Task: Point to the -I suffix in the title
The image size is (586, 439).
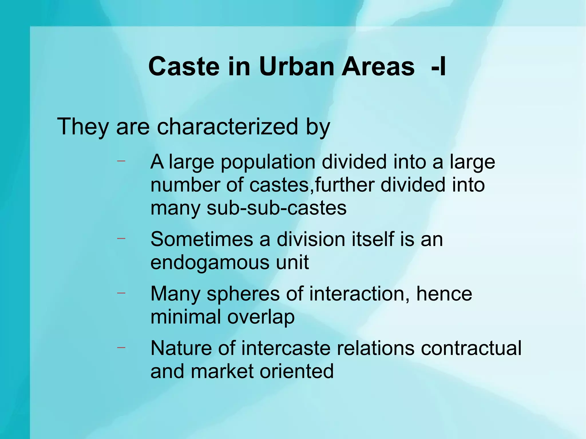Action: click(438, 67)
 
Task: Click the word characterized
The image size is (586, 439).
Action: click(227, 126)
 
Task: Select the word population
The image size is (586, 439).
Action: click(268, 162)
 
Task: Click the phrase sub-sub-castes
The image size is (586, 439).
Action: click(276, 208)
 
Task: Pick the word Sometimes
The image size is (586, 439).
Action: click(202, 239)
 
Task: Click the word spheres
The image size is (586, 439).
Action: click(243, 294)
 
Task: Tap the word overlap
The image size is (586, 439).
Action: click(261, 317)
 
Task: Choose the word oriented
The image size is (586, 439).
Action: click(296, 371)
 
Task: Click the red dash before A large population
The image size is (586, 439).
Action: click(121, 161)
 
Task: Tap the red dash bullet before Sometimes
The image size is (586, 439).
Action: click(121, 238)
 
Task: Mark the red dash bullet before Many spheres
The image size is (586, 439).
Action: click(121, 293)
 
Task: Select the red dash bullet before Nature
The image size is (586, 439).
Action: click(121, 347)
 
